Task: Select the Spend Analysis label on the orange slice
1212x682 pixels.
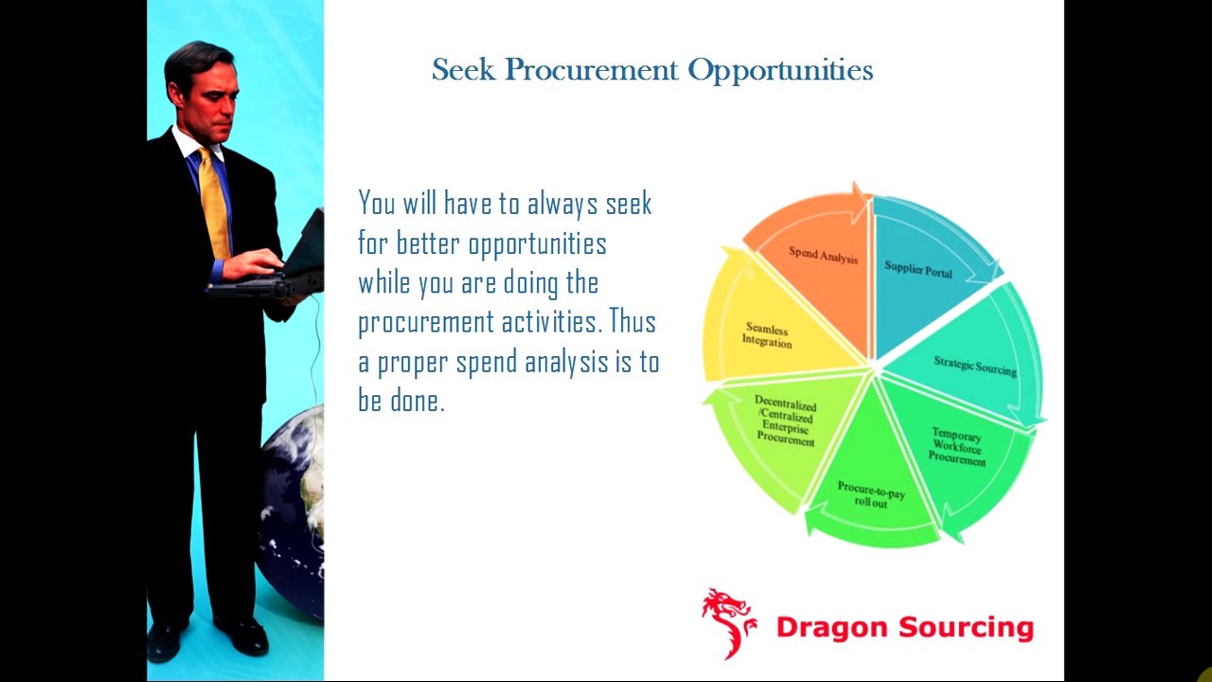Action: [823, 255]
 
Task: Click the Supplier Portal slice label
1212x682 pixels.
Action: [918, 268]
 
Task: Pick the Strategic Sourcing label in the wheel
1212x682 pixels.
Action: [974, 365]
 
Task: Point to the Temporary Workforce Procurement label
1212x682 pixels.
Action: [956, 446]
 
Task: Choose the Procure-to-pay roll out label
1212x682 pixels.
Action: [870, 494]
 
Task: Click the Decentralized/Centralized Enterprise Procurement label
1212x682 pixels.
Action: [785, 421]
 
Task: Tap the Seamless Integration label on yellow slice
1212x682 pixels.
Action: [766, 335]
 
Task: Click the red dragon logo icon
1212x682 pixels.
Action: [729, 620]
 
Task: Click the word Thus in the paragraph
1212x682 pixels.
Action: [632, 322]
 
